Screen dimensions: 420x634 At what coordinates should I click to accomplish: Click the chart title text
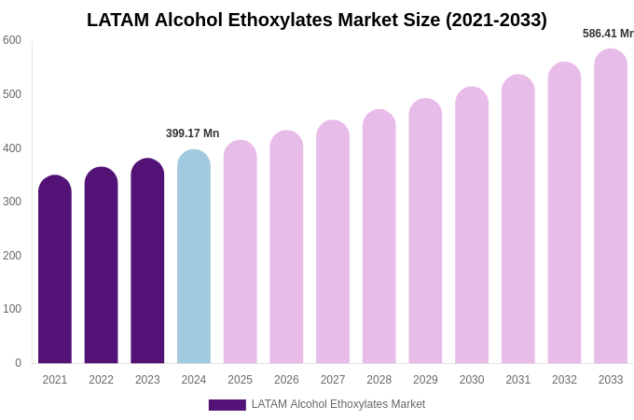(x=317, y=20)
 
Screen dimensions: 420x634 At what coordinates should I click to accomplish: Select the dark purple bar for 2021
(x=55, y=271)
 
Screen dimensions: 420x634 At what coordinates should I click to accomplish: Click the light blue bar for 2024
(x=194, y=258)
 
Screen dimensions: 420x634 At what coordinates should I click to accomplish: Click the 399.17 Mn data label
(x=193, y=133)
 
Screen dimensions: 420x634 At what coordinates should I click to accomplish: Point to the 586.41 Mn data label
(x=608, y=34)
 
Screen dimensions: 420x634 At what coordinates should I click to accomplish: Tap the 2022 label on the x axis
(x=101, y=380)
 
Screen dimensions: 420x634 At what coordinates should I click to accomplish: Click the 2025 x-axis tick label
(x=241, y=380)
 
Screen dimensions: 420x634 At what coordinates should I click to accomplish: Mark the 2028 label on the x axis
(x=379, y=380)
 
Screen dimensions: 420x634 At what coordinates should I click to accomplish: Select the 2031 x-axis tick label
(x=518, y=380)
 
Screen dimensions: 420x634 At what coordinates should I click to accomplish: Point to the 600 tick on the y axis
(x=12, y=40)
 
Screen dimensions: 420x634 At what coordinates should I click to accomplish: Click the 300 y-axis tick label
(x=12, y=202)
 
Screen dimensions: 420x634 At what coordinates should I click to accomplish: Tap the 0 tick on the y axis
(x=18, y=363)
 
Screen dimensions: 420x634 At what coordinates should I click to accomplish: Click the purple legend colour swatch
(x=227, y=405)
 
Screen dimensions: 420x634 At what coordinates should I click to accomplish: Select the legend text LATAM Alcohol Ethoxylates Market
(x=338, y=404)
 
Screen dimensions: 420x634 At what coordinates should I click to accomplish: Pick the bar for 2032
(x=564, y=214)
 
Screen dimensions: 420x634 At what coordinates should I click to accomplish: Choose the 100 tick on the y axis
(x=12, y=309)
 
